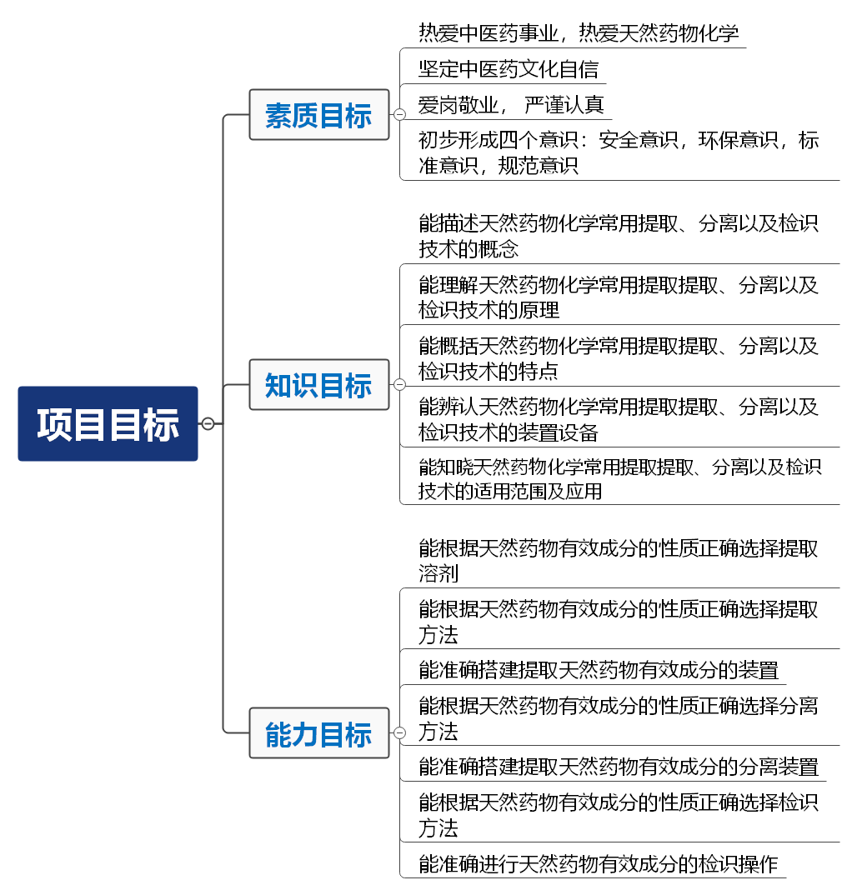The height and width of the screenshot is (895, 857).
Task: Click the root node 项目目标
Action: [108, 423]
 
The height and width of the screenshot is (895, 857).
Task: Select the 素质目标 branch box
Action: [319, 115]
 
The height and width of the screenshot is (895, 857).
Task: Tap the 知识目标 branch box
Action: [319, 385]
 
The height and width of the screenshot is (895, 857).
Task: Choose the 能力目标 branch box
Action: [319, 733]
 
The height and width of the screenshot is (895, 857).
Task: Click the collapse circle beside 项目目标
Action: [208, 423]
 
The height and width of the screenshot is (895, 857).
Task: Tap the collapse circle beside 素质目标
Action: [399, 115]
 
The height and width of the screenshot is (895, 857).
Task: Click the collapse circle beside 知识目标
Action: [399, 385]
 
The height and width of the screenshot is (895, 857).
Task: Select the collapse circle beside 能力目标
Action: [399, 733]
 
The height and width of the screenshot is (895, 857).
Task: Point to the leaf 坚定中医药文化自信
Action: [508, 69]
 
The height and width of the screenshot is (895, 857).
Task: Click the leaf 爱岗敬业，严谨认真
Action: [510, 105]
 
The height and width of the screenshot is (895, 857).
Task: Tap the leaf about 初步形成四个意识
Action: [618, 152]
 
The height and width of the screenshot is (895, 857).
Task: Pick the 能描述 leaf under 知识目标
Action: [618, 236]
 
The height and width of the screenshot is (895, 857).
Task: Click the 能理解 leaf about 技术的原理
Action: [618, 297]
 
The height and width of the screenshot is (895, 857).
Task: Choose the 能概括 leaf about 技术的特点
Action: [618, 358]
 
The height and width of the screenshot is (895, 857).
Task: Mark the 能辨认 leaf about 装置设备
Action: [618, 419]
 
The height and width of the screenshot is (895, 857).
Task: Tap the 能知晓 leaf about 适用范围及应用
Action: [618, 478]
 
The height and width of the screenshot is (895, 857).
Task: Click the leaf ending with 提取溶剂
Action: [618, 561]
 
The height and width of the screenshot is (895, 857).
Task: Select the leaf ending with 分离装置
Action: [618, 766]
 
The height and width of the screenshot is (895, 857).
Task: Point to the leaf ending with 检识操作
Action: [598, 863]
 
